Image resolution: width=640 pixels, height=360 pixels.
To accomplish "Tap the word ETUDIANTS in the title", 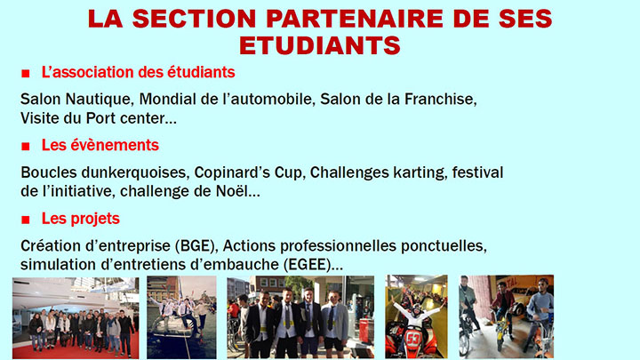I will (321, 44).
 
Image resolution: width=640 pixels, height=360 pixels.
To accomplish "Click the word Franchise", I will (441, 99).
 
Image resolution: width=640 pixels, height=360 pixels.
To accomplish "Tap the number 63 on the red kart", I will (415, 340).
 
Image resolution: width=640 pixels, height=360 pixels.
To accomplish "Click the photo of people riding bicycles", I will (505, 317).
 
